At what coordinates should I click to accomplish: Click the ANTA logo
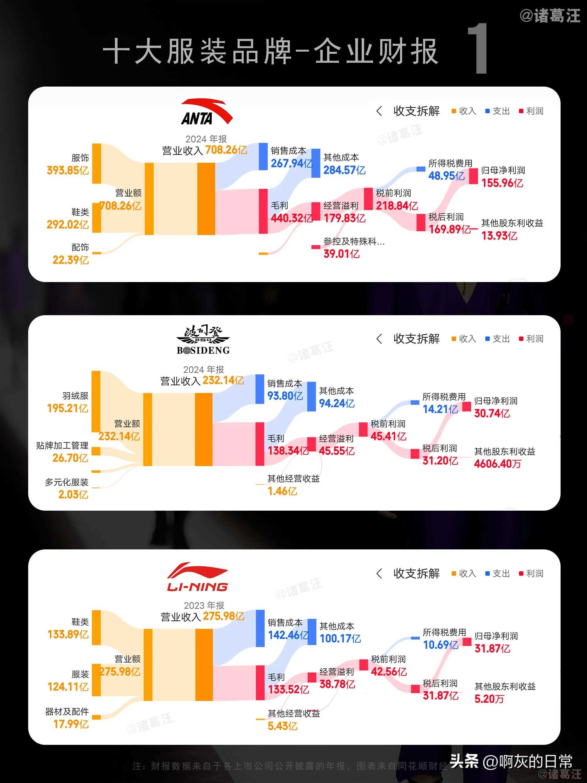206,112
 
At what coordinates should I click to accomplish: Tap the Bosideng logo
203,340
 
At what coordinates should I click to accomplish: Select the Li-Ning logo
198,577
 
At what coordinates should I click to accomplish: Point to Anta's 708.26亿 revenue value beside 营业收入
226,150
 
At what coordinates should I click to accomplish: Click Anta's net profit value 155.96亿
502,183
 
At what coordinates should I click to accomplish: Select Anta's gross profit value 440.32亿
291,218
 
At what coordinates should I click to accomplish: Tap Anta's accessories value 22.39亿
70,260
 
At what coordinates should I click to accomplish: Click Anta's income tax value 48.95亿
446,176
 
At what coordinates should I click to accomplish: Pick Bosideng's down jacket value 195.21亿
68,408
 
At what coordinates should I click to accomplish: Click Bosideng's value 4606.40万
497,464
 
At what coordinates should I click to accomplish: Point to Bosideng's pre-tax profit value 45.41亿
388,436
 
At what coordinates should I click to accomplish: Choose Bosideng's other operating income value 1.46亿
282,491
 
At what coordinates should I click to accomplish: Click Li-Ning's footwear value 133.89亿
68,634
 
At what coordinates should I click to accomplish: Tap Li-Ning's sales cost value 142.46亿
288,635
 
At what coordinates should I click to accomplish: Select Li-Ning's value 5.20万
489,699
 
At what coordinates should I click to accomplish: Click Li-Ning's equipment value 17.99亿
71,724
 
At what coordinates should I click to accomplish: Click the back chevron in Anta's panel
379,111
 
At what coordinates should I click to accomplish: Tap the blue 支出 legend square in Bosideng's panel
487,339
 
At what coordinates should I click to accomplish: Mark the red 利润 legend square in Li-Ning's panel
521,573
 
